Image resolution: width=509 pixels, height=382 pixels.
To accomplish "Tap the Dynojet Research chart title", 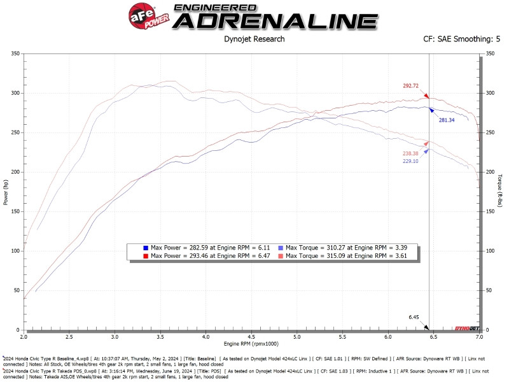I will pos(254,39).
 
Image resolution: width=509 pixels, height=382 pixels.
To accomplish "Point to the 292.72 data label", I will pos(411,86).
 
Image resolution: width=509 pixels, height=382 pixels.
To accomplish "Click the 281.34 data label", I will pos(446,120).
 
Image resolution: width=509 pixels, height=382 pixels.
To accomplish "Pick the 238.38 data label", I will pos(410,153).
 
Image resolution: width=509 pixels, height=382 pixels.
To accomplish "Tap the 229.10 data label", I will pos(410,161).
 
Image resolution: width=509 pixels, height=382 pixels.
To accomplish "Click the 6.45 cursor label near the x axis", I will pos(414,317).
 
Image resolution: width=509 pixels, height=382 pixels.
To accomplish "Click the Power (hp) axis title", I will pos(6,192).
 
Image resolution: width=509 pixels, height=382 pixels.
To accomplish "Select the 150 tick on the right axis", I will pos(491,211).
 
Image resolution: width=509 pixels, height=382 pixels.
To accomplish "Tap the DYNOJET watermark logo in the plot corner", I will pos(466,327).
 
